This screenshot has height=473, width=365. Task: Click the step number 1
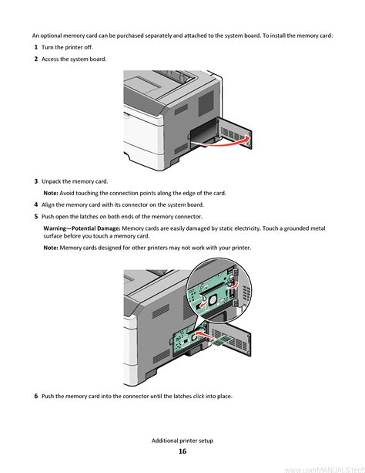[36, 47]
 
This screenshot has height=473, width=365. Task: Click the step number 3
[36, 181]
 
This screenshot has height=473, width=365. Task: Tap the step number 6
[36, 396]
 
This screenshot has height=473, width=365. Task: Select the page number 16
[182, 451]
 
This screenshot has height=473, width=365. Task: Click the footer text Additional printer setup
[182, 441]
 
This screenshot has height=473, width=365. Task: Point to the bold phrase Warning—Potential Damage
[82, 228]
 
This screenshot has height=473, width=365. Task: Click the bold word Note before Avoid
[51, 193]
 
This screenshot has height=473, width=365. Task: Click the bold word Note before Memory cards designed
[51, 248]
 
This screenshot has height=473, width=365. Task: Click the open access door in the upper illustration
[234, 133]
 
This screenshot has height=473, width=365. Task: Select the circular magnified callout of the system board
[219, 290]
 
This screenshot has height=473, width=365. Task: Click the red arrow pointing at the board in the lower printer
[202, 334]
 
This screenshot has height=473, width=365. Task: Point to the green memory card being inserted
[221, 340]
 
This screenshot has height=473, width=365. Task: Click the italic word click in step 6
[199, 396]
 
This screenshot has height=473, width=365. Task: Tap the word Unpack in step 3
[51, 181]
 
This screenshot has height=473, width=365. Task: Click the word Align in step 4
[48, 204]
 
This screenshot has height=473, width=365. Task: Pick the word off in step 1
[89, 47]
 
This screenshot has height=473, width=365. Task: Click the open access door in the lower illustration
[231, 340]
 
